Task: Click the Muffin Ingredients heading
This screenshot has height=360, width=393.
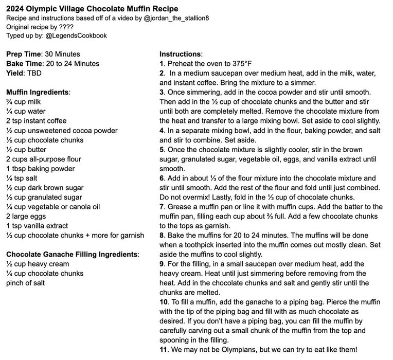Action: click(38, 92)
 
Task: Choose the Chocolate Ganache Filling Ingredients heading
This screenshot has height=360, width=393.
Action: click(73, 255)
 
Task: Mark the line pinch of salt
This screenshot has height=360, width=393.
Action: click(25, 283)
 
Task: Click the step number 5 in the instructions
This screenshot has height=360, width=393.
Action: click(162, 150)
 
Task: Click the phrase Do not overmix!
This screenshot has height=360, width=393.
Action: click(187, 197)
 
